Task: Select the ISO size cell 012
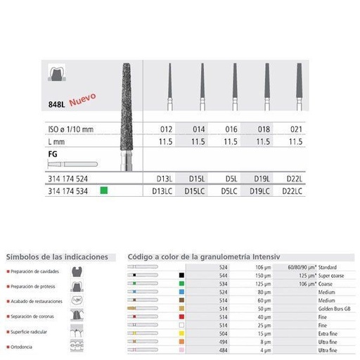click(x=167, y=130)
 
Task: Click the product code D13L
click(x=167, y=179)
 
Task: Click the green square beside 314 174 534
click(x=103, y=190)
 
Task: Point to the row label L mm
click(x=53, y=141)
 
